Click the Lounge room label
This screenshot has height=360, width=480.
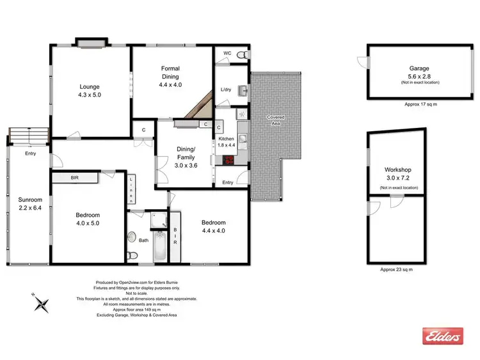90,86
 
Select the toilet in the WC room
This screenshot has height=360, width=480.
241,56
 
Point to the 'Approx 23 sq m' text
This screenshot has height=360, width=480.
397,269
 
